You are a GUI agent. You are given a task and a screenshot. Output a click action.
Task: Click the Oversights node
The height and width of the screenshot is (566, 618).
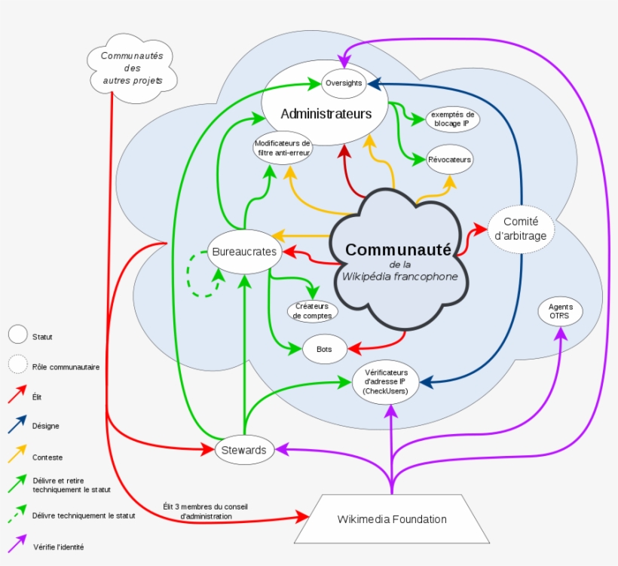pyautogui.click(x=344, y=84)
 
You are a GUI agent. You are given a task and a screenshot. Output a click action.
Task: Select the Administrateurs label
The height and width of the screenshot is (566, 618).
pyautogui.click(x=326, y=114)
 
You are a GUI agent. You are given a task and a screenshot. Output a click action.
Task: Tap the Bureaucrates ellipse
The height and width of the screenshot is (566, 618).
pyautogui.click(x=244, y=251)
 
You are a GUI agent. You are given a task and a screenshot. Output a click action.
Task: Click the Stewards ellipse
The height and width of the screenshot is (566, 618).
pyautogui.click(x=244, y=450)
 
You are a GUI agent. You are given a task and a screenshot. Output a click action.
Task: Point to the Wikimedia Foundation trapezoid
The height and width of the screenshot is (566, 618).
pyautogui.click(x=391, y=519)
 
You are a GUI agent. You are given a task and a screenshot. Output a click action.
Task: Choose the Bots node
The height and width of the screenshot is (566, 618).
pyautogui.click(x=325, y=349)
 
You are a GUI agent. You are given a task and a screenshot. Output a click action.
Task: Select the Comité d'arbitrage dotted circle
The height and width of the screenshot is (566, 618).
pyautogui.click(x=520, y=228)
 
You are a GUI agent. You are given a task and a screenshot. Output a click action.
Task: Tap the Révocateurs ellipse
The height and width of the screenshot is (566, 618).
pyautogui.click(x=449, y=160)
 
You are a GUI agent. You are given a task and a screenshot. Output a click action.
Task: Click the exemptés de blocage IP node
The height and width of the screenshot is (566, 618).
pyautogui.click(x=451, y=119)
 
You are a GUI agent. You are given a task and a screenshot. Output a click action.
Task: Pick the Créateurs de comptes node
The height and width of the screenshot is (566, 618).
pyautogui.click(x=312, y=311)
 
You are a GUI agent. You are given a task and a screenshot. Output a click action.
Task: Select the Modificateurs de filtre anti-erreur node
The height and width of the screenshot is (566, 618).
pyautogui.click(x=283, y=148)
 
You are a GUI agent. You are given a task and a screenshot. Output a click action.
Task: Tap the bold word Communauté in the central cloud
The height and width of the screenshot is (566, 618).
pyautogui.click(x=398, y=249)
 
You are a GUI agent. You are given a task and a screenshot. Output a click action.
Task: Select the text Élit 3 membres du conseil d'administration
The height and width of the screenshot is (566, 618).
pyautogui.click(x=205, y=511)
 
